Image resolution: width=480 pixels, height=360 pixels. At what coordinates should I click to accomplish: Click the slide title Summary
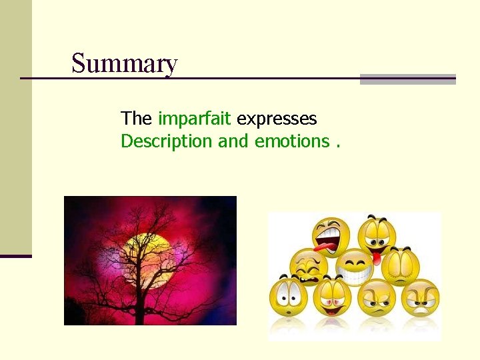tap(125, 64)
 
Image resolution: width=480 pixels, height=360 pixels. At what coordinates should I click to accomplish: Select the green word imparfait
tap(194, 119)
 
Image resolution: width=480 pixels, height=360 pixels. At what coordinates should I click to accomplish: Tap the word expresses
tap(277, 119)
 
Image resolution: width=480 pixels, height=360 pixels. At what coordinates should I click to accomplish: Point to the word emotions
tap(292, 141)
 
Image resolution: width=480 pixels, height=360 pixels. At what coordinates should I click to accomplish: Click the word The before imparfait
tap(137, 119)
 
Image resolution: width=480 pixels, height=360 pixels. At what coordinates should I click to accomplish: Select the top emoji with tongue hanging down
tap(377, 237)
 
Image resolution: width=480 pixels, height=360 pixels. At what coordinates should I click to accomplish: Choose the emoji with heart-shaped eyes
tap(331, 298)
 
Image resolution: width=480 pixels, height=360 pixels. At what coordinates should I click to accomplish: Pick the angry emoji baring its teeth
tap(421, 298)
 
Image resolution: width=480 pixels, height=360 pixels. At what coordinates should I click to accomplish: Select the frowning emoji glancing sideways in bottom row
tap(377, 298)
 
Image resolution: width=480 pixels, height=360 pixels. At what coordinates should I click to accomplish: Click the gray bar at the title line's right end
tap(407, 79)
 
